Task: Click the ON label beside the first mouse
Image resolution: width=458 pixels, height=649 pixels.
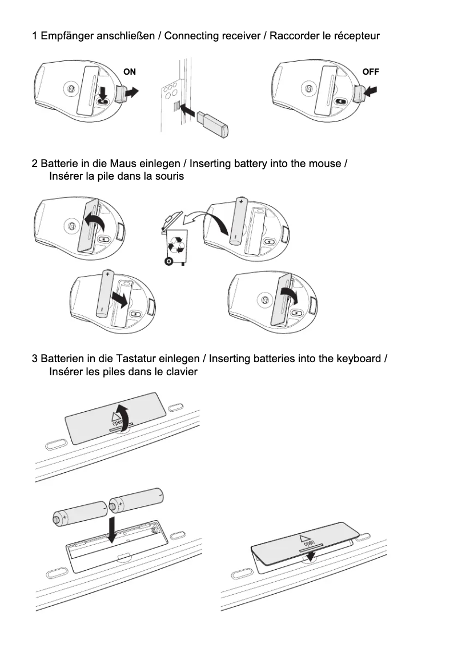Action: tap(130, 72)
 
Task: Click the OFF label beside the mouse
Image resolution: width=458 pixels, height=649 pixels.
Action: tap(370, 72)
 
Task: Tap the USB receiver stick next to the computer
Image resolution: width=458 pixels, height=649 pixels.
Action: tap(212, 124)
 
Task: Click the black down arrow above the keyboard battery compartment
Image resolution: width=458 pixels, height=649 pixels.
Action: tap(114, 529)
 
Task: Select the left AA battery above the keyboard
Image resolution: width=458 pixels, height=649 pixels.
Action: tap(79, 512)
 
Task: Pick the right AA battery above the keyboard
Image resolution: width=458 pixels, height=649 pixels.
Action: tap(136, 499)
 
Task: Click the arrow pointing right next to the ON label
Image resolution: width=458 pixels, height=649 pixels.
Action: tap(131, 92)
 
